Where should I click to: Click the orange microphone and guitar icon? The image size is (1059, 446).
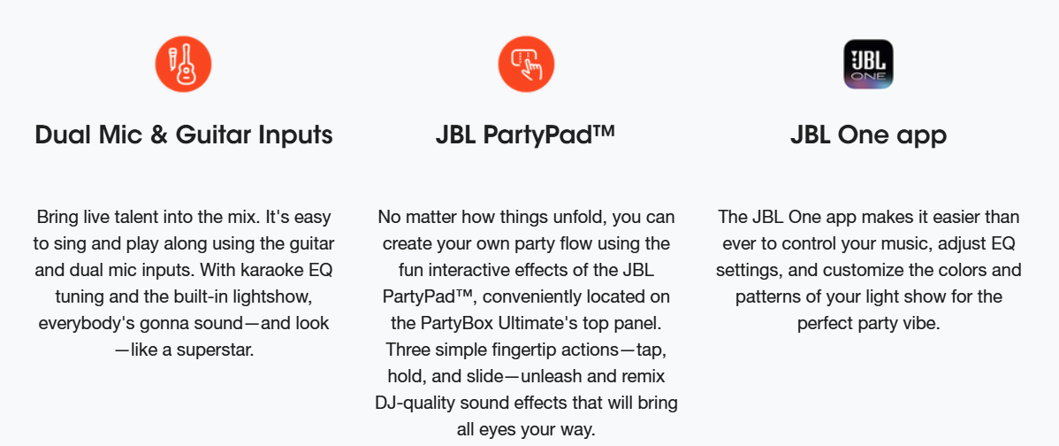[184, 65]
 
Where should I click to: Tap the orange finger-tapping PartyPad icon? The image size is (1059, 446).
[526, 65]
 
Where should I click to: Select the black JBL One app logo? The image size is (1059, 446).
[869, 65]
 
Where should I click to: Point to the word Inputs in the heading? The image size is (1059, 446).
[295, 135]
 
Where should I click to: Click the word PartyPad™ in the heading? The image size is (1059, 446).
[548, 135]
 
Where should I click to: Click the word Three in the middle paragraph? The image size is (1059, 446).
[406, 350]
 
